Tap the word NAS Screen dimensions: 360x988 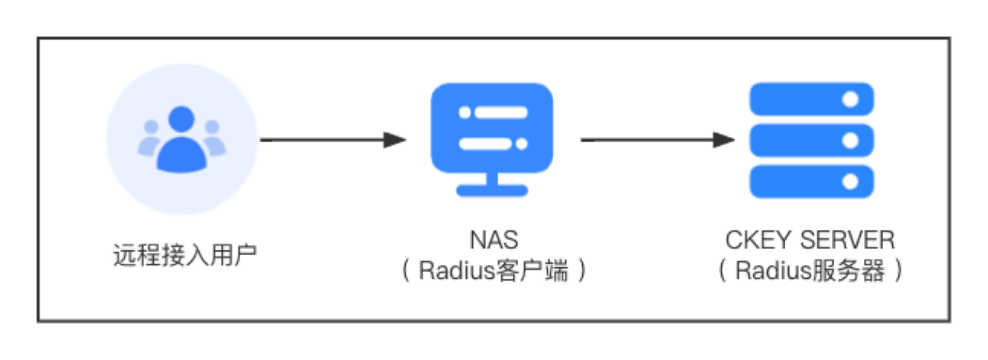[x=494, y=240]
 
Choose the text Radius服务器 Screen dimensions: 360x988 [x=810, y=271]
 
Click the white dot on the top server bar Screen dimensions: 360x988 [x=850, y=99]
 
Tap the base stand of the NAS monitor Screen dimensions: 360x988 [x=492, y=190]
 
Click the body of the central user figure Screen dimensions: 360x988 [x=181, y=155]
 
